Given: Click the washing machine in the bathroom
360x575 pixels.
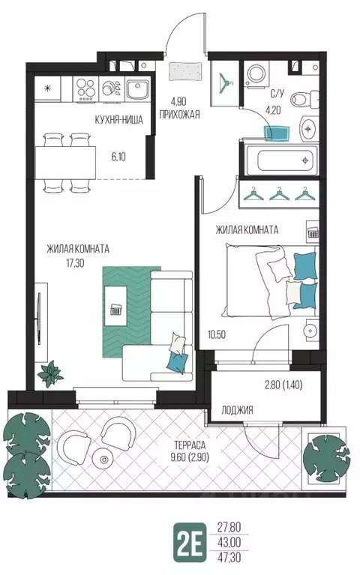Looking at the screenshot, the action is [x=256, y=75].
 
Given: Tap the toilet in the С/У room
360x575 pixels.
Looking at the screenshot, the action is [x=304, y=99].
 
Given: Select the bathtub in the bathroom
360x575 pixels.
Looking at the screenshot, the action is [x=281, y=160].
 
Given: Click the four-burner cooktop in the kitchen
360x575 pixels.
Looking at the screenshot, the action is [x=85, y=89].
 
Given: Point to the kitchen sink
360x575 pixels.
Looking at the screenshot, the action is [x=137, y=89].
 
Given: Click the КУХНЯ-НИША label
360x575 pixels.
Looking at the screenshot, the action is [x=118, y=120].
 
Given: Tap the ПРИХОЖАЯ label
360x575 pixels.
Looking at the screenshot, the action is [x=179, y=114].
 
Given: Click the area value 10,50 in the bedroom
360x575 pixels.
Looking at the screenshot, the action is [x=216, y=334].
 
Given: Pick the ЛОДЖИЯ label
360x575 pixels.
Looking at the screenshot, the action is [x=237, y=410].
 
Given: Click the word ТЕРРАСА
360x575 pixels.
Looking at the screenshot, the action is [x=190, y=445].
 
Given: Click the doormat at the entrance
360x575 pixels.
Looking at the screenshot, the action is [x=186, y=70].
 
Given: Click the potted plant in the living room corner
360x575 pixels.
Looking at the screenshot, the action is [x=50, y=373].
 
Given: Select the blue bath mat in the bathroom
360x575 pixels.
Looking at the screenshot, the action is [x=277, y=133].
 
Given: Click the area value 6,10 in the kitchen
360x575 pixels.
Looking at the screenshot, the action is [x=118, y=157].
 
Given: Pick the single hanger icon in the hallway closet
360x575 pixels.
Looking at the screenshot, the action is [x=225, y=82].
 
